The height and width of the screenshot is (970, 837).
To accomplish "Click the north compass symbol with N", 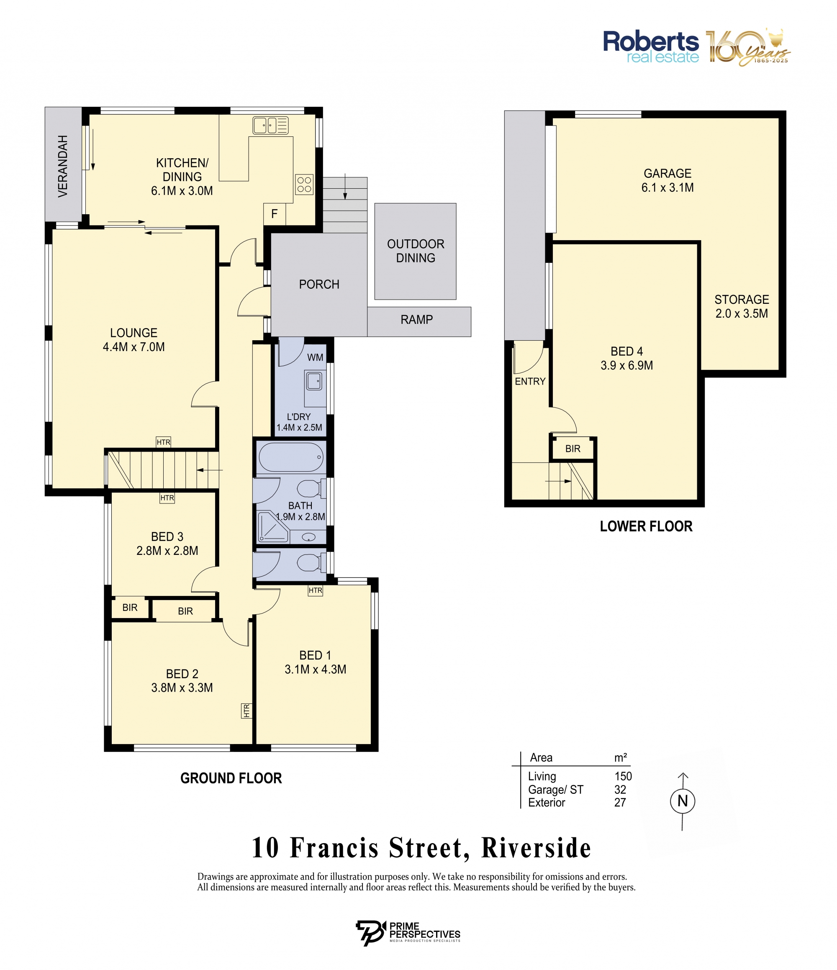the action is tap(683, 801).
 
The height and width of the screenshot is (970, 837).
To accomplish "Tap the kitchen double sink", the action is tap(271, 126).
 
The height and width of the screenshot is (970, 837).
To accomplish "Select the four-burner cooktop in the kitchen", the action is tap(304, 185).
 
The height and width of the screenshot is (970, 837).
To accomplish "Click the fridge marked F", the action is tap(274, 214).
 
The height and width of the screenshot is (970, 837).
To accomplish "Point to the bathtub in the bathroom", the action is tap(291, 457).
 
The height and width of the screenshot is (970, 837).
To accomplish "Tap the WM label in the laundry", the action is tap(315, 357).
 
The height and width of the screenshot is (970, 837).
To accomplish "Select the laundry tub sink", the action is tap(314, 381).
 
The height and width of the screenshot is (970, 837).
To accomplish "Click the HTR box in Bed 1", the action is tap(316, 590).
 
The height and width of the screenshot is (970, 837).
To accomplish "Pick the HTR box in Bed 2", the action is tap(246, 711).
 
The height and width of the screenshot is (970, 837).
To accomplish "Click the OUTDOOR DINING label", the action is tap(416, 251).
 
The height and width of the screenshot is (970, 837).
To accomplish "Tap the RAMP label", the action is tap(417, 320).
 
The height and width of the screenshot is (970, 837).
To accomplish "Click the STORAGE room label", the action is tap(742, 300).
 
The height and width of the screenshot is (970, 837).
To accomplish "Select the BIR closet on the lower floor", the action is tap(573, 449).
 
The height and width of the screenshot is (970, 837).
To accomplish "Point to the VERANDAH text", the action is tap(63, 166).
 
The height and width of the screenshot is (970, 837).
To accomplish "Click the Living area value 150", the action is tap(623, 776).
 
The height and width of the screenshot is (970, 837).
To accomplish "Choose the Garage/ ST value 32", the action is tap(620, 790).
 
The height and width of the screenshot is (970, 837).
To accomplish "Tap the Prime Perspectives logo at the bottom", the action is tap(408, 934).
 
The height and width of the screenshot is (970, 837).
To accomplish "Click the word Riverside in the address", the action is tap(537, 848).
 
